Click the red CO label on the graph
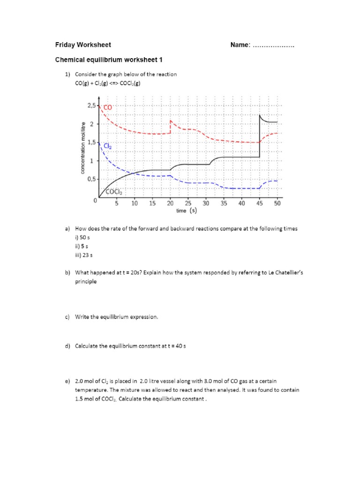[x=108, y=107]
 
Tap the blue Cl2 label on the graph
[x=108, y=146]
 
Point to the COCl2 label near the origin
[x=114, y=191]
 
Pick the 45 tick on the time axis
[x=260, y=204]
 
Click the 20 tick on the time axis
[x=170, y=204]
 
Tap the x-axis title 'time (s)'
[x=186, y=211]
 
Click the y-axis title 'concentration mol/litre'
[x=83, y=148]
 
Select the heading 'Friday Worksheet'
[x=83, y=45]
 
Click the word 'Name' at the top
[x=240, y=45]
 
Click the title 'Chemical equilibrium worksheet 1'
[x=109, y=60]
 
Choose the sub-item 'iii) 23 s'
[x=84, y=255]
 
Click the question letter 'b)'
[x=67, y=272]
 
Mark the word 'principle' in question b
[x=86, y=282]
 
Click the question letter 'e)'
[x=67, y=381]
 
